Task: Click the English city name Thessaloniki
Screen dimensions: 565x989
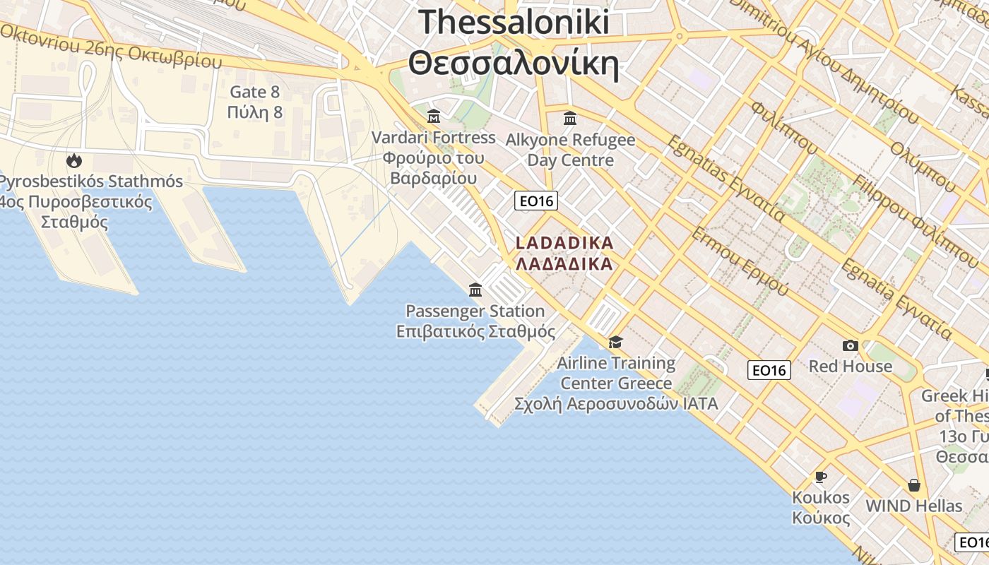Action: tap(514, 22)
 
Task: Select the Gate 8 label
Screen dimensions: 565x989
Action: tap(255, 92)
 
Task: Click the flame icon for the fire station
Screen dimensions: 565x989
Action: tap(74, 161)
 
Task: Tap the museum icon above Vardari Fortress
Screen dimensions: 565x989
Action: tap(434, 116)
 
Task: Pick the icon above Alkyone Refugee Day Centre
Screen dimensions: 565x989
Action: tap(570, 118)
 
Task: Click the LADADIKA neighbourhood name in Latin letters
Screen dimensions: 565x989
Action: tap(564, 243)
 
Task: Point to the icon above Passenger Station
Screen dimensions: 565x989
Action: tap(475, 290)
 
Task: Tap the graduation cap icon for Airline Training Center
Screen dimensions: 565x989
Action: tap(616, 343)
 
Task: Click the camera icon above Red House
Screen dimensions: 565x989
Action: tap(851, 345)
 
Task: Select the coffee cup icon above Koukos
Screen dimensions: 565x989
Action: tap(821, 477)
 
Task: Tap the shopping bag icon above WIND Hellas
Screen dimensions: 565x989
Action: tap(914, 485)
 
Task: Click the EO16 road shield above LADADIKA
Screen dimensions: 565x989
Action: tap(536, 201)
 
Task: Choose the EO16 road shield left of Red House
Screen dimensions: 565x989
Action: tap(769, 370)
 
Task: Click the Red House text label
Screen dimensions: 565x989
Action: tap(851, 366)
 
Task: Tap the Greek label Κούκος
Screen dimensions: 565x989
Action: tap(821, 517)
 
